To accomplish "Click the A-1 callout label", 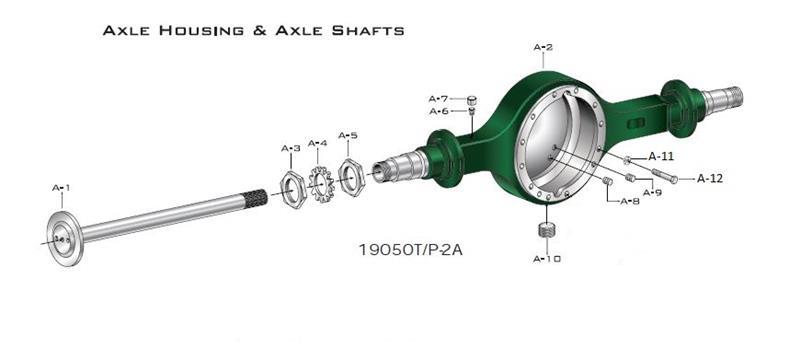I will pos(61,187).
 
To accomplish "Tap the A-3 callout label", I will pos(290,148).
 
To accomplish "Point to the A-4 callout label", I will pos(318,143).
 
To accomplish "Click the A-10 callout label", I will pos(547,259).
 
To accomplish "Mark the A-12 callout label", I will pos(710,178).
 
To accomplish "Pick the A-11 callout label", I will pos(662,156).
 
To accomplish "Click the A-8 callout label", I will pos(629,202).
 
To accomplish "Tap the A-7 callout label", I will pos(439,98).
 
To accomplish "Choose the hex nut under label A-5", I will pos(350,175).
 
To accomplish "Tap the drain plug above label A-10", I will pos(546,232).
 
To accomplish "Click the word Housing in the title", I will pos(195,31).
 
